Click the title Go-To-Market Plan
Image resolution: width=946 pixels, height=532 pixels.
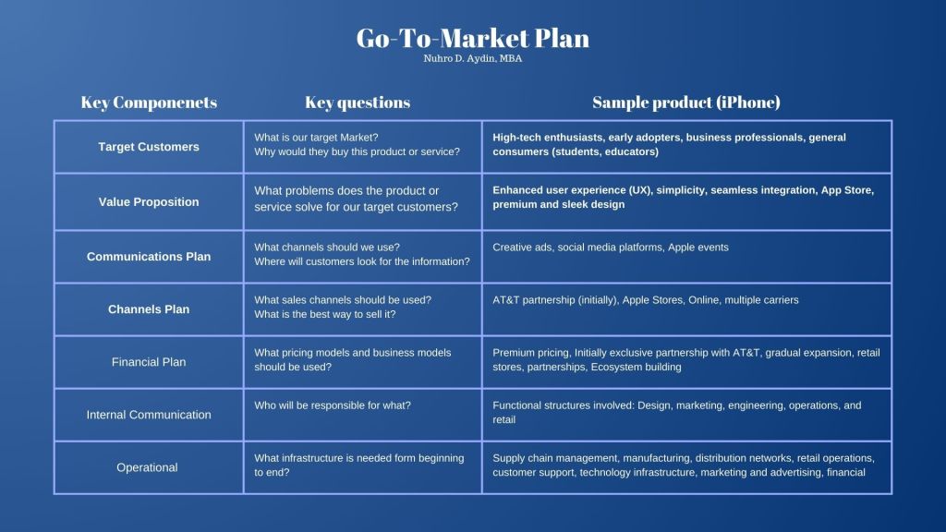coord(472,39)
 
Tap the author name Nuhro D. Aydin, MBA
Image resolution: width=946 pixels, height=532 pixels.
coord(472,58)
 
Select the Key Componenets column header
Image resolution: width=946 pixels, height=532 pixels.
coord(149,102)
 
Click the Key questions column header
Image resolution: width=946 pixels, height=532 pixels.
coord(358,103)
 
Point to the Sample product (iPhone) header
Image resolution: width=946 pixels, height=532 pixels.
coord(686,102)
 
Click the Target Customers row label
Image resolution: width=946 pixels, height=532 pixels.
coord(149,147)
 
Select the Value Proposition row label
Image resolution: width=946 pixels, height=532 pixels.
coord(149,202)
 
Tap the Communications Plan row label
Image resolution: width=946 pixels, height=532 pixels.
coord(149,257)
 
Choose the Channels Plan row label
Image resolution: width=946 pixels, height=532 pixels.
coord(149,309)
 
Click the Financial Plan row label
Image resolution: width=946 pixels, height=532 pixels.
coord(149,362)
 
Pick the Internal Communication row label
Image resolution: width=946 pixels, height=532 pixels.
coord(149,415)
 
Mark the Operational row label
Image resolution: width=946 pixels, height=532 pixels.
coord(147,467)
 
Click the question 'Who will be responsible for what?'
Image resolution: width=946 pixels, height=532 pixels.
coord(333,405)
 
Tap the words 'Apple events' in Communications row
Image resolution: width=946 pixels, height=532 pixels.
coord(698,248)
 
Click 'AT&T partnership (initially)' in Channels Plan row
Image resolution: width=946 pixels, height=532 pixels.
coord(554,300)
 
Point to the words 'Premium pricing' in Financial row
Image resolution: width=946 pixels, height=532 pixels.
coord(530,353)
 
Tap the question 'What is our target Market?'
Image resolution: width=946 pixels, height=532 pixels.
coord(316,138)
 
